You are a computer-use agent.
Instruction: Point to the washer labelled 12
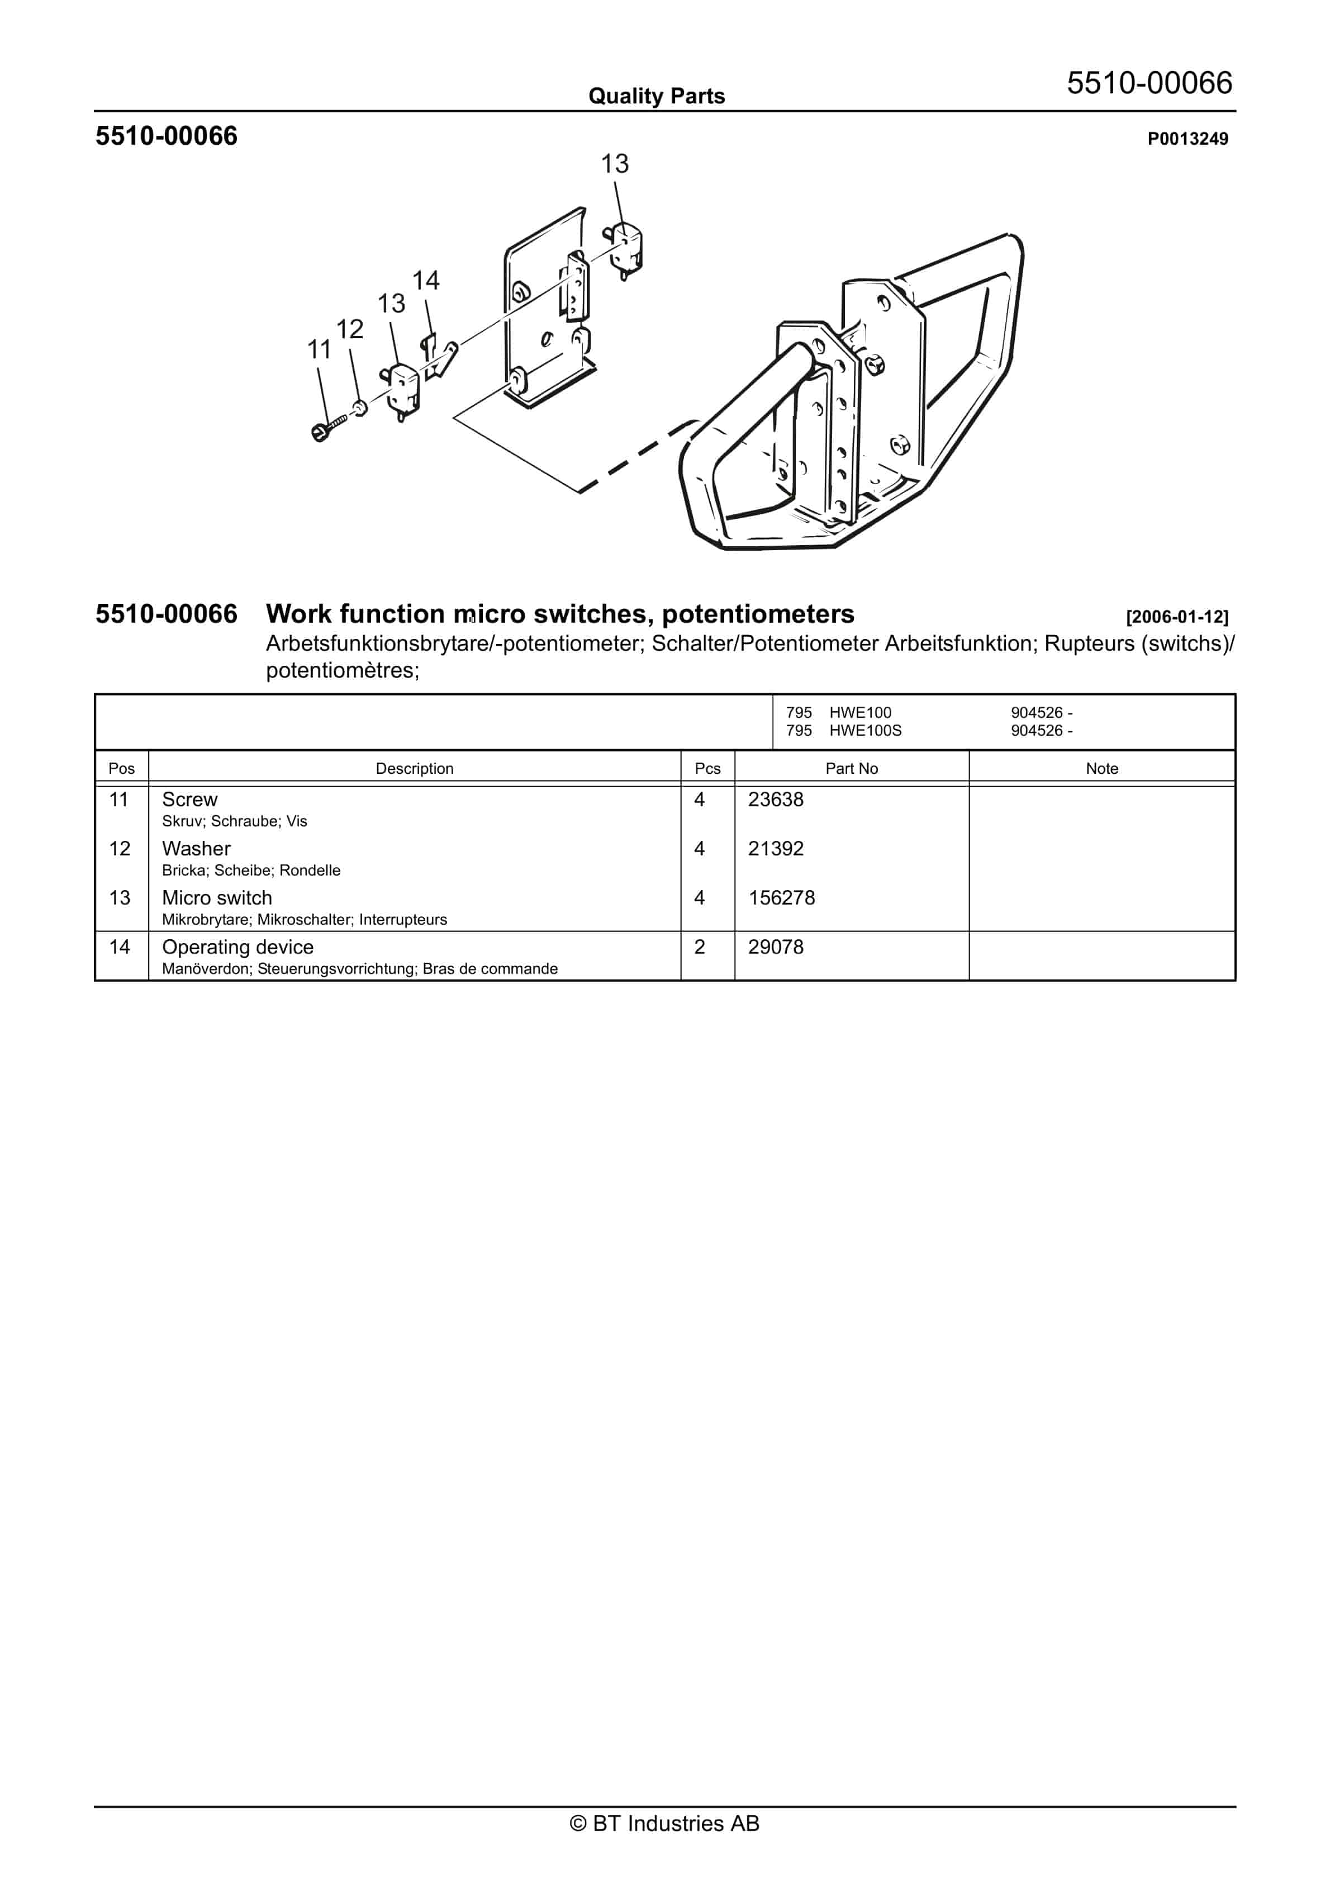tap(359, 407)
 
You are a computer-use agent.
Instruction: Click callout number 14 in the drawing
tap(426, 281)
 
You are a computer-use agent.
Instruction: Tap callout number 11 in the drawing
tap(319, 350)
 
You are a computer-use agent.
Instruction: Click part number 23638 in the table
tap(775, 799)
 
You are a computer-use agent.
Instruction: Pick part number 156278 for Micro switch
tap(781, 898)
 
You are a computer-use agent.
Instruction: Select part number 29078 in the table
tap(775, 947)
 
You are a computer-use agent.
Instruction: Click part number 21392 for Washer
tap(775, 849)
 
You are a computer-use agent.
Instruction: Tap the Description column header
tap(414, 768)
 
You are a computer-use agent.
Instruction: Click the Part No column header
tap(851, 768)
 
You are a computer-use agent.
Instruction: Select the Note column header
tap(1101, 768)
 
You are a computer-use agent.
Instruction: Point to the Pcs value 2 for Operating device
tap(700, 947)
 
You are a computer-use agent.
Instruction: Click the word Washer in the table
tap(196, 849)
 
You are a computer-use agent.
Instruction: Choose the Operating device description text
tap(238, 947)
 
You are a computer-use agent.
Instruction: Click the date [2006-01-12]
tap(1177, 617)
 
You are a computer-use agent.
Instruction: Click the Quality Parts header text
tap(656, 97)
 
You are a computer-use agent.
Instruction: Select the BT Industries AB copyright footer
tap(664, 1824)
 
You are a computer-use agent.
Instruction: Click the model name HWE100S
tap(865, 731)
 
